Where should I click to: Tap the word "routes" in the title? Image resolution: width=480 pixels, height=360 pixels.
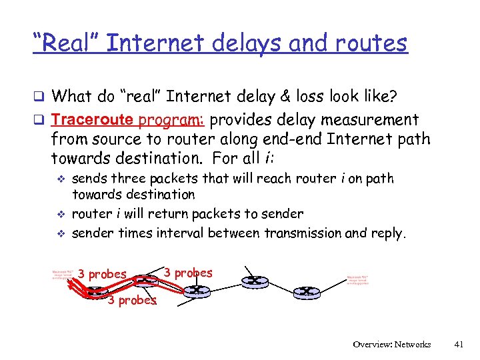(371, 43)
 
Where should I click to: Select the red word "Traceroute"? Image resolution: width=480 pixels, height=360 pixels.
(94, 120)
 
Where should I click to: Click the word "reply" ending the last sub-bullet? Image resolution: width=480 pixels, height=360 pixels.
(387, 233)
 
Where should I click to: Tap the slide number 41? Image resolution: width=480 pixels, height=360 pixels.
(458, 345)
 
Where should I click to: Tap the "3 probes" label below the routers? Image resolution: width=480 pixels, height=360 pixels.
(132, 300)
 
